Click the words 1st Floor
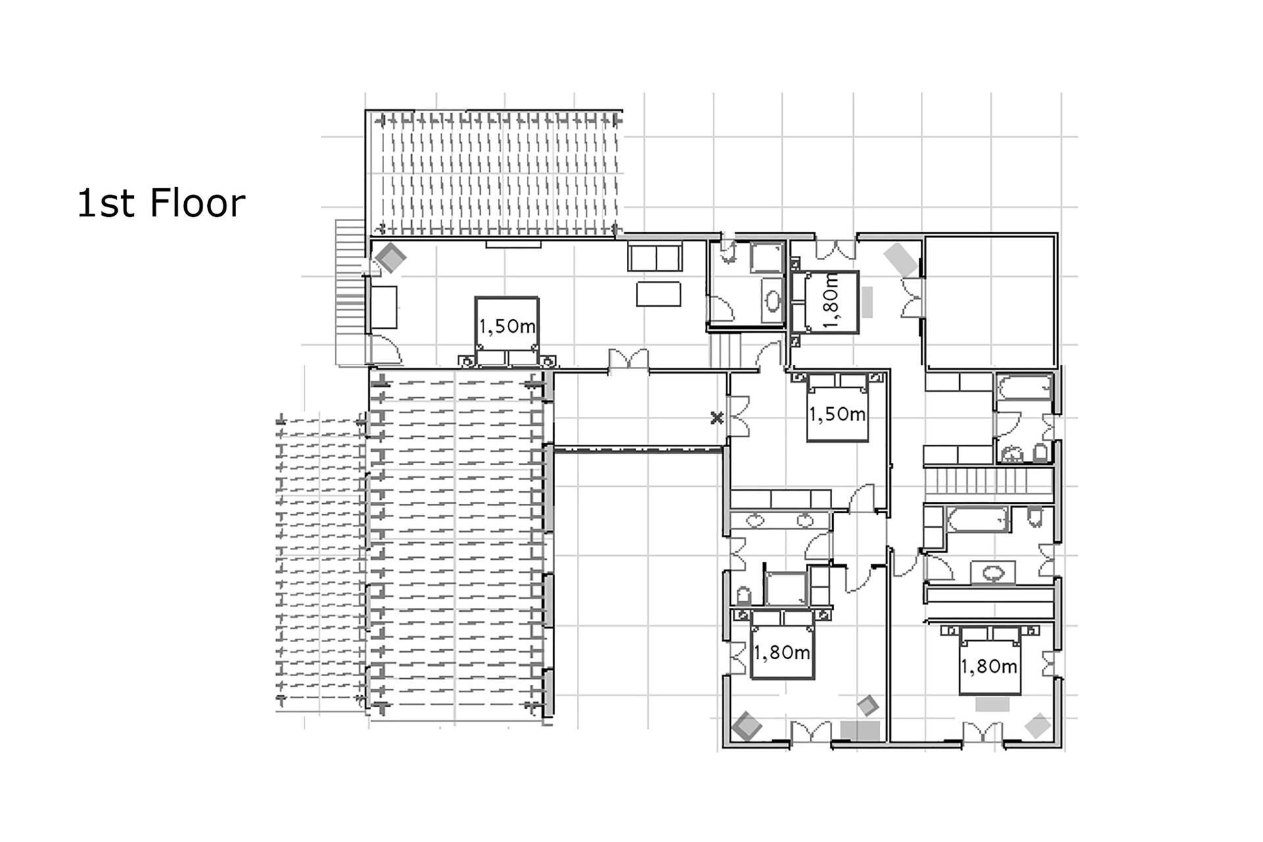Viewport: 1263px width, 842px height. pos(161,203)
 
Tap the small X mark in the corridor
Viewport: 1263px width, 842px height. pos(717,418)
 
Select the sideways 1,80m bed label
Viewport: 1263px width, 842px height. pos(831,301)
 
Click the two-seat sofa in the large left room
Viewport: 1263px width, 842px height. pos(655,257)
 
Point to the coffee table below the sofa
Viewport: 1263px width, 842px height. pos(658,294)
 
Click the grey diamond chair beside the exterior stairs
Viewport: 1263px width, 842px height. pos(390,258)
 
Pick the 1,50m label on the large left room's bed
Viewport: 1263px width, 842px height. pos(507,326)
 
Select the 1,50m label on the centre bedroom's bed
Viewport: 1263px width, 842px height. pos(837,414)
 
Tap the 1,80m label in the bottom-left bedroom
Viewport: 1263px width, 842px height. pos(781,653)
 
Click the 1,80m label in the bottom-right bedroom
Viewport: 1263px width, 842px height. pos(989,666)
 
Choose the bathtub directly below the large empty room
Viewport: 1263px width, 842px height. pos(1025,387)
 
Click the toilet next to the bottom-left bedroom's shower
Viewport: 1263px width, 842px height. pos(744,595)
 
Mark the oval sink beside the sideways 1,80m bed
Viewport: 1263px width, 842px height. pos(773,301)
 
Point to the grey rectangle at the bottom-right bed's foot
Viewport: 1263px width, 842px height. pos(992,704)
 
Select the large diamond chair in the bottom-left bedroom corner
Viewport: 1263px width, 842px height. pos(747,726)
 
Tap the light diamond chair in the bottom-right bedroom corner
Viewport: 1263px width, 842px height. pos(1039,725)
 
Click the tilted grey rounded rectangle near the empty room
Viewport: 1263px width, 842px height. pos(901,260)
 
